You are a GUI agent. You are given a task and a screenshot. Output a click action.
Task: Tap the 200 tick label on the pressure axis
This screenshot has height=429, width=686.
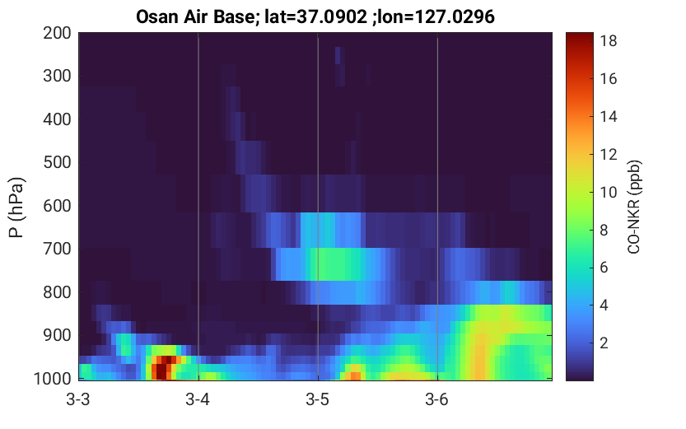point(58,33)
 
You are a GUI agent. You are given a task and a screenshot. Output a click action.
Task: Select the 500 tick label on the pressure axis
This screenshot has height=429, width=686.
point(58,162)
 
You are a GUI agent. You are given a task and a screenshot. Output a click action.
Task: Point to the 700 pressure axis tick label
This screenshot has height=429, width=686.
point(58,249)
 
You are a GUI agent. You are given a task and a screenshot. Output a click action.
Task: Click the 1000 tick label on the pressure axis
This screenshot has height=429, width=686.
point(53,378)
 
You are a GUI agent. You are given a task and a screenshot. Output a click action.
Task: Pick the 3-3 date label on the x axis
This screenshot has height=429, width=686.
point(78,399)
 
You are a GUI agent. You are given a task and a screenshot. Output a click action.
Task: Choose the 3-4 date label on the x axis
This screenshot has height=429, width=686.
point(198,399)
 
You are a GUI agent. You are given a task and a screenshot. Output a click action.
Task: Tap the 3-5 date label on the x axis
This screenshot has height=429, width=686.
point(318,399)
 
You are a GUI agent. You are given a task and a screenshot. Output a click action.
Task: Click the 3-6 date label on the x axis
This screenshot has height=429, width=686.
point(437,399)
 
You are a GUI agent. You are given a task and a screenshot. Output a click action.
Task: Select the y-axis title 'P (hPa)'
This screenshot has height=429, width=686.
point(16,207)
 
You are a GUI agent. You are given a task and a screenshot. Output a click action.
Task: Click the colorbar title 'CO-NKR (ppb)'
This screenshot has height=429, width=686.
point(634,207)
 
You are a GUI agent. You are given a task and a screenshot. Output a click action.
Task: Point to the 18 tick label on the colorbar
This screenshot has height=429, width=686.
point(609,40)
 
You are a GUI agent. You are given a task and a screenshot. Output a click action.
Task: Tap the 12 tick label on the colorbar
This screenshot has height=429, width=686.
point(609,154)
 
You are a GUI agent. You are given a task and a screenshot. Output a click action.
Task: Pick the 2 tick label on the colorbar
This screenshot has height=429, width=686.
point(604,343)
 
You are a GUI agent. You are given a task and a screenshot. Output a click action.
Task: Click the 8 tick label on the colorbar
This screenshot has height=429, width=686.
point(604,230)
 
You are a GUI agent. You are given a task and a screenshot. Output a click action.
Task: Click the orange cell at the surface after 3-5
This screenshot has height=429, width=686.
point(353,375)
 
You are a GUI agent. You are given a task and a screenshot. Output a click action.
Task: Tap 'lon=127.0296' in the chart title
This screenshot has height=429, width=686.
point(436,16)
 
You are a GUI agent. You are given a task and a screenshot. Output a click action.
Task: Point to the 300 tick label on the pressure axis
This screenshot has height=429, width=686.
point(58,76)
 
